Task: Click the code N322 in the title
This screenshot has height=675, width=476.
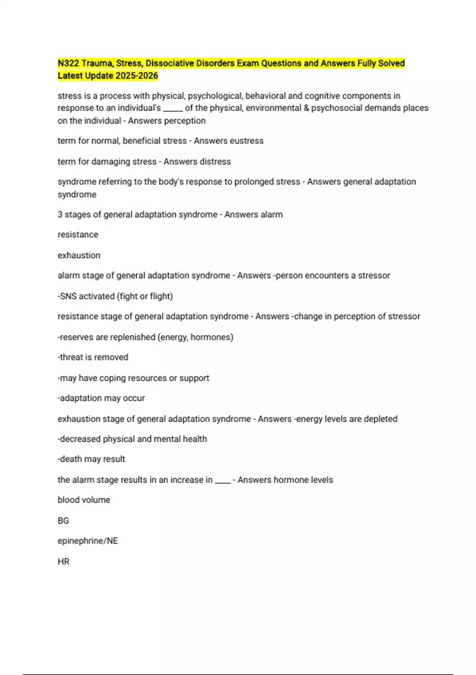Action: click(x=68, y=63)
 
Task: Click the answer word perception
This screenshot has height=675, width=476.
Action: click(x=188, y=121)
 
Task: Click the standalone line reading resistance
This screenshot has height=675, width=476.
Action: click(x=78, y=235)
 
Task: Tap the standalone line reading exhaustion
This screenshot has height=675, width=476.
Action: click(x=79, y=255)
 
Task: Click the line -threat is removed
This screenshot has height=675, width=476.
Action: click(x=93, y=357)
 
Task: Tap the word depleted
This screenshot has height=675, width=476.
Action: click(x=380, y=419)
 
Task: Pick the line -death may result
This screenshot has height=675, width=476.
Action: click(x=91, y=459)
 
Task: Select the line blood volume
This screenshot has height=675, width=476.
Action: click(x=84, y=500)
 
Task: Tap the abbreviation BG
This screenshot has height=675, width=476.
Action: click(x=63, y=521)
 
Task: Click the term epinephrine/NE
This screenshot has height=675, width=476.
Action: click(x=88, y=541)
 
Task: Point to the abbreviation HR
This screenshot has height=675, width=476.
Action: click(x=63, y=561)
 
